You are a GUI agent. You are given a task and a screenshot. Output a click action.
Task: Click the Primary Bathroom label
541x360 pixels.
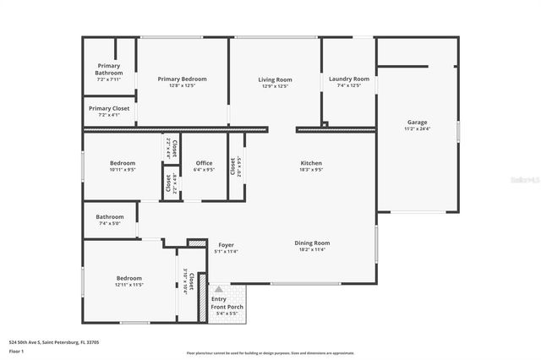coord(108,69)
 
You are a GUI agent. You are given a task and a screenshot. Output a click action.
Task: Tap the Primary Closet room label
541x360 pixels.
coord(108,108)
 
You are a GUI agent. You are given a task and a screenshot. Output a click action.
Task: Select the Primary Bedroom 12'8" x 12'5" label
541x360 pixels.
coord(182,79)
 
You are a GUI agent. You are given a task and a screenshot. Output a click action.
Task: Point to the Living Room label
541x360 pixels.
coord(275,79)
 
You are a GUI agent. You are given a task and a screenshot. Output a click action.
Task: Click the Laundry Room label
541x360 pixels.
coord(349,79)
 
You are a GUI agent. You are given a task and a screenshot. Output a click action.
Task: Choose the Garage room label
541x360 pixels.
coord(417,122)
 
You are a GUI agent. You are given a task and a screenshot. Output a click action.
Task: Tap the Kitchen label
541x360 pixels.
coord(311,163)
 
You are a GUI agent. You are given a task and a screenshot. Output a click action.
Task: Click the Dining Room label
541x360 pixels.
coord(311,243)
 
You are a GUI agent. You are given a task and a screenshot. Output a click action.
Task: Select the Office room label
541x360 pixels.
coord(204,163)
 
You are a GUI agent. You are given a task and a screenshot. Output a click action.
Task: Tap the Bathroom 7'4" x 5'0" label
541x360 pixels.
coord(109,217)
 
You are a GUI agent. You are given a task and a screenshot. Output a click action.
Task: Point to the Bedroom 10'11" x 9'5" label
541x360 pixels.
coord(123,163)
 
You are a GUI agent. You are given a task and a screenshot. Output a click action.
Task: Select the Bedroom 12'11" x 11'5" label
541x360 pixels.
coord(129,278)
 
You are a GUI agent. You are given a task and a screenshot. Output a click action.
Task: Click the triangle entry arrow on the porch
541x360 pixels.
coord(218,287)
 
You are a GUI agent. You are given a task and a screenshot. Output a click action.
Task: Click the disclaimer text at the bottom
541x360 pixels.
coord(270,352)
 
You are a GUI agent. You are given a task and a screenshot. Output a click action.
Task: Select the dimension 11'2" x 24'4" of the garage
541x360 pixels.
coord(417,129)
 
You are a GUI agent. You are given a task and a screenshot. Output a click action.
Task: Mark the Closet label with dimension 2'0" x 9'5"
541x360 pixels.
coord(233,167)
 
